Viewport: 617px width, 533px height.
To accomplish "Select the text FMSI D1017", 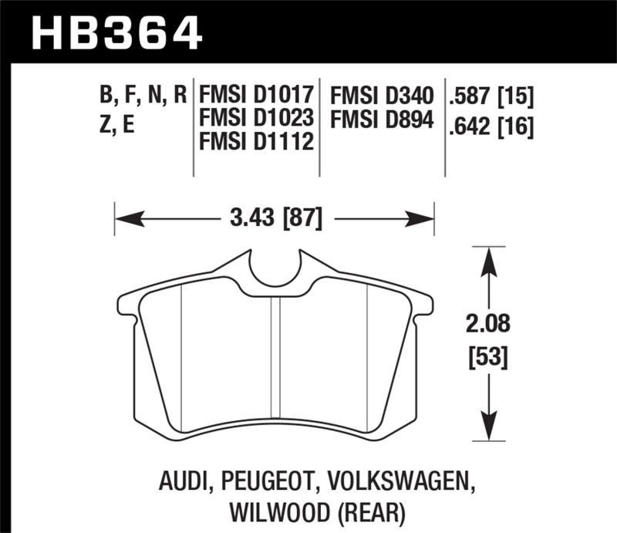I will click(256, 96).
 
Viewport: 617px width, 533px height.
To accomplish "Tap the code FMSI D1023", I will click(256, 119).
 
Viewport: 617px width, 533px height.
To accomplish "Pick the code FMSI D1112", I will click(256, 142).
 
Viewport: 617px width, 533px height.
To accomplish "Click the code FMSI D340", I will click(383, 96).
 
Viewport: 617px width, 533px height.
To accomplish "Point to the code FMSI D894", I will click(383, 120).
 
